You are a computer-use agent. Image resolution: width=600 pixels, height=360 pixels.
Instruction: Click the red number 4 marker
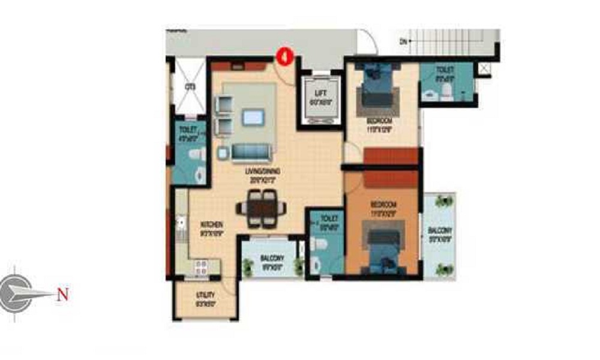point(284,58)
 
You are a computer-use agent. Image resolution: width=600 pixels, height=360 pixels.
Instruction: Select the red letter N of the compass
point(63,294)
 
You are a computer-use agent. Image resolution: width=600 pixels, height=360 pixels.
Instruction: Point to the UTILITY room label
point(206,295)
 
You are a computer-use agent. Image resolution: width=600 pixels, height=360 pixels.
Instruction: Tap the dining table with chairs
point(262,208)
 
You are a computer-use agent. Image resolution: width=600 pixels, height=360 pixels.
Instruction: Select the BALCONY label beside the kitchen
point(272,258)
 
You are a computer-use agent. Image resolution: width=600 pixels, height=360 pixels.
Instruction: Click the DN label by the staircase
point(404,41)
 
